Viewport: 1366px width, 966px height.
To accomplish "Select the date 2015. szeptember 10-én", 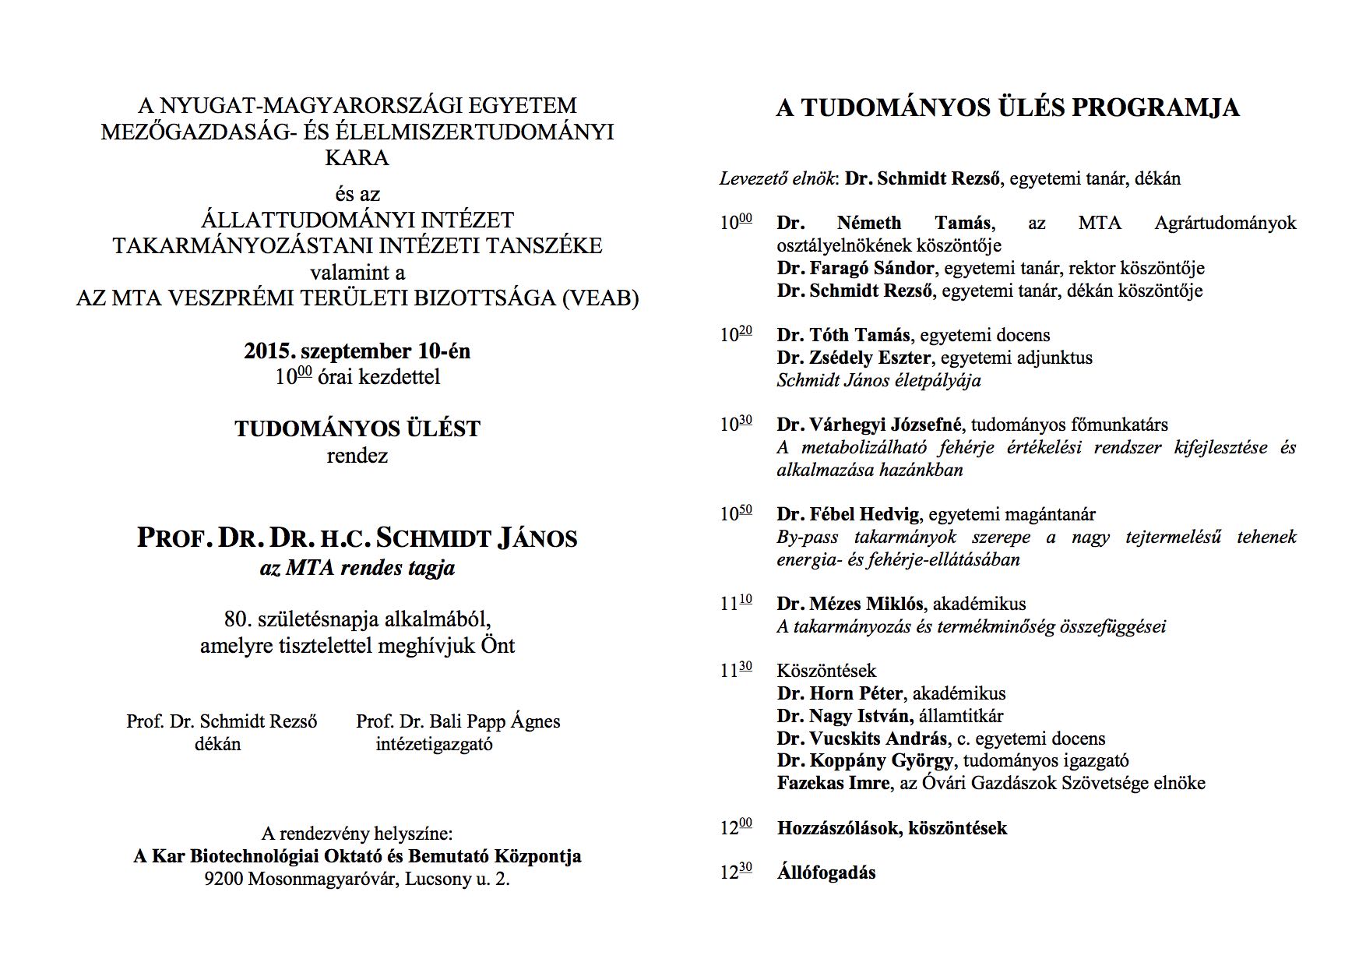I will (357, 351).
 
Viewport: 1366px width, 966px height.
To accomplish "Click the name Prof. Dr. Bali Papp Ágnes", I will (458, 721).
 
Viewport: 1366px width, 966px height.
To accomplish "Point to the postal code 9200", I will (224, 880).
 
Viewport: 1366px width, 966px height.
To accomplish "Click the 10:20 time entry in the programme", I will (735, 335).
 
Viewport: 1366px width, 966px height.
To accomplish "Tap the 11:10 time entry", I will (735, 604).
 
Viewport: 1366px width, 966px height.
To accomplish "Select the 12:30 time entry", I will (735, 873).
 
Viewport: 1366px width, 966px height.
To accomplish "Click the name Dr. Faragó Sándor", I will (855, 269).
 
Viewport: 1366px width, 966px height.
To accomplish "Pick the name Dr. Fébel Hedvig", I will (848, 514).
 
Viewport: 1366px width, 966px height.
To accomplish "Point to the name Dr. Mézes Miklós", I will (850, 604).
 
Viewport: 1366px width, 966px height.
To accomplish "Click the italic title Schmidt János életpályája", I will (878, 380).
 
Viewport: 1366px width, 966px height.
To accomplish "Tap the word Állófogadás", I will (826, 873).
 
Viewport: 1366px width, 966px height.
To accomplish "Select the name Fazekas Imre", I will (833, 783).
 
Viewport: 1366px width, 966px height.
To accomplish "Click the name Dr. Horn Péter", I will (840, 693).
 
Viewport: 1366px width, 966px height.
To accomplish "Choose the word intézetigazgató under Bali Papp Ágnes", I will (434, 744).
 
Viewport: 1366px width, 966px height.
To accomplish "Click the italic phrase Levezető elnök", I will (776, 178).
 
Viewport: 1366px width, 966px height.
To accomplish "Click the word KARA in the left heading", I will (357, 157).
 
